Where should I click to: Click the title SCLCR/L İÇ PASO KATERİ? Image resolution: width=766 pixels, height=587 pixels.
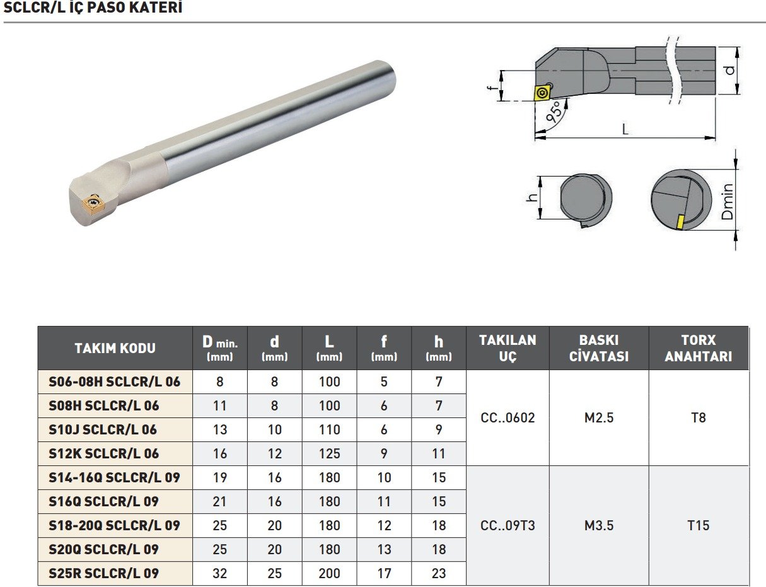pos(93,8)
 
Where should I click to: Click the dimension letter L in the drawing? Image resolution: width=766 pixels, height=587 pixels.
pos(625,129)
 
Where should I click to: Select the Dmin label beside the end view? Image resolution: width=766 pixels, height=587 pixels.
pos(728,201)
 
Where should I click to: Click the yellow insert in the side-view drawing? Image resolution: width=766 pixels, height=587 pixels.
pos(542,93)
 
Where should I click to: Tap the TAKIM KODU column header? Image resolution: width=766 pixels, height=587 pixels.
pos(115,348)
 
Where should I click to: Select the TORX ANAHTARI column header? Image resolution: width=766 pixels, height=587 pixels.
pos(699,348)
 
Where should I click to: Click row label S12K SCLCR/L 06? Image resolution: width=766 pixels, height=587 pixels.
pos(103,453)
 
